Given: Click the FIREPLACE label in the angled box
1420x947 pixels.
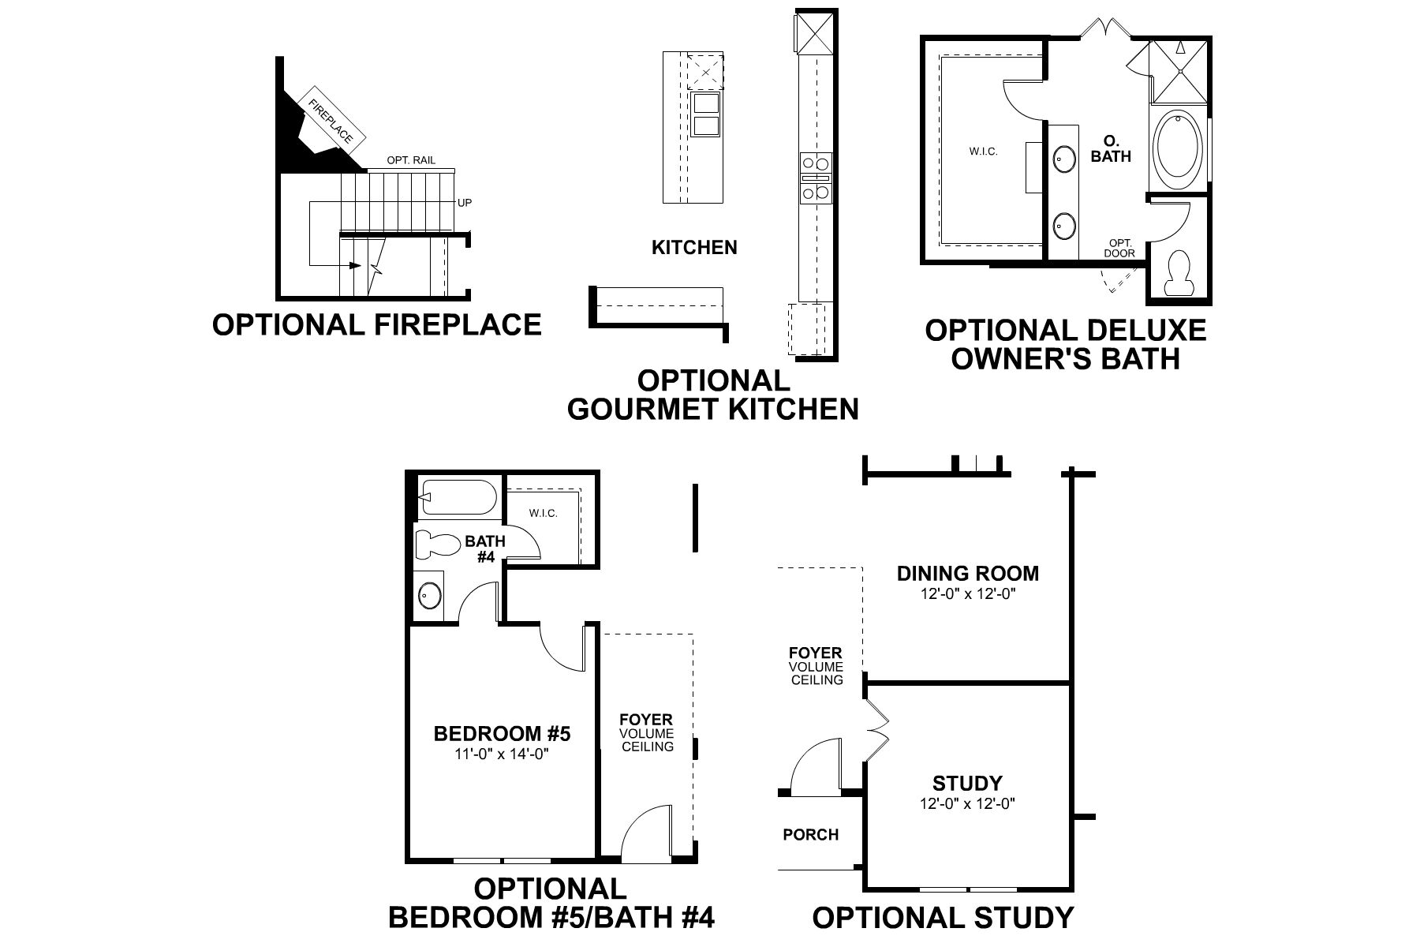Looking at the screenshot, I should coord(331,121).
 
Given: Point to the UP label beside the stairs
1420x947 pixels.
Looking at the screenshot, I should coord(465,203).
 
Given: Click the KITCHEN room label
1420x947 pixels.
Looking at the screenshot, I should coord(694,248).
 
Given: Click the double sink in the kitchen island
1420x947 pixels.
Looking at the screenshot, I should coord(705,115).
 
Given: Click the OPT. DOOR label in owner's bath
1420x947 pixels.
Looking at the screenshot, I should coord(1120,248).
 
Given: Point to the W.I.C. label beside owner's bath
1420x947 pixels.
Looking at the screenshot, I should coord(983,152).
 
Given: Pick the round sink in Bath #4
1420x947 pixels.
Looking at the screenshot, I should coord(430,595).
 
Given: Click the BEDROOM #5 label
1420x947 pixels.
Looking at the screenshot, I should coord(502,734).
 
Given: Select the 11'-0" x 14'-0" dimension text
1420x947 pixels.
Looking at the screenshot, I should coord(502,753).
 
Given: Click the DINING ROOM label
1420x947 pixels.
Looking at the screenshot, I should coord(967,574).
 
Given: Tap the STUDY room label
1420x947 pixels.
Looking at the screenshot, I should coord(967,784).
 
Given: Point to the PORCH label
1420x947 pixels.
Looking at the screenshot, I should coord(810,834).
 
